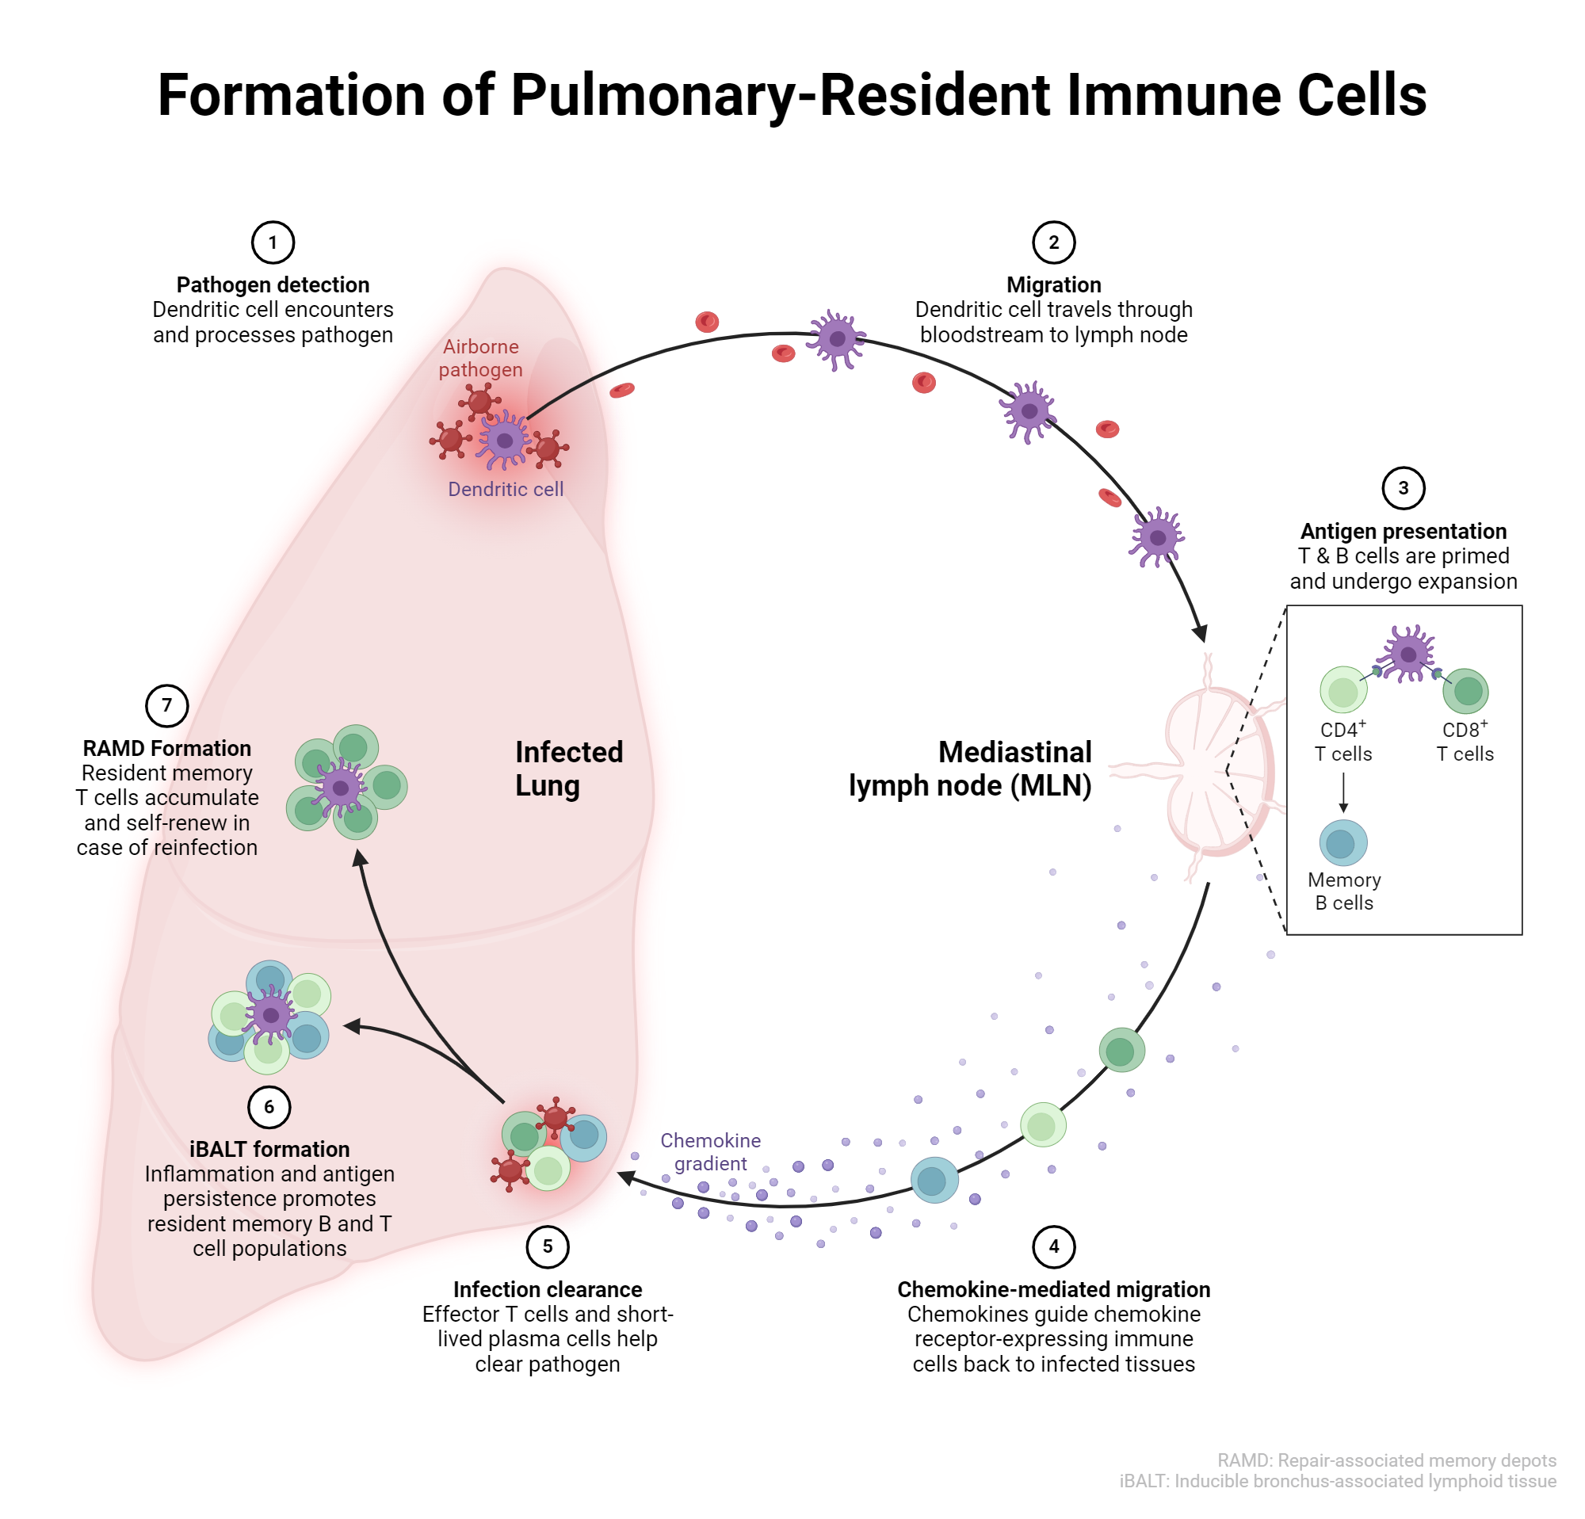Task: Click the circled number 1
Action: [x=273, y=242]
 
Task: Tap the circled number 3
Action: [x=1403, y=488]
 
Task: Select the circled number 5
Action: [x=548, y=1246]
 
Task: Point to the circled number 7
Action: [x=166, y=705]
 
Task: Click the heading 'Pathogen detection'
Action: [x=273, y=284]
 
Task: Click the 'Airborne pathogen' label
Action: [x=480, y=357]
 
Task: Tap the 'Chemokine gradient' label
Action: [x=710, y=1152]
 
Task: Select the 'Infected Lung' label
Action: [x=568, y=768]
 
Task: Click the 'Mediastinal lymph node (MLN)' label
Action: [x=970, y=768]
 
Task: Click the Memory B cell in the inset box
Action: [x=1343, y=843]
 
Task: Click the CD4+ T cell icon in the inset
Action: [x=1343, y=690]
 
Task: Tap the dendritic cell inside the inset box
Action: [x=1408, y=653]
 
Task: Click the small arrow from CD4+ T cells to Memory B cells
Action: [x=1343, y=793]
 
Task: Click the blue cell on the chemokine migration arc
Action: [x=934, y=1181]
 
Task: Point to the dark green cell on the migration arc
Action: [x=1121, y=1050]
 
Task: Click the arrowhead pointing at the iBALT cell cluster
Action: [x=352, y=1027]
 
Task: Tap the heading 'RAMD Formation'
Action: [x=166, y=748]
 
